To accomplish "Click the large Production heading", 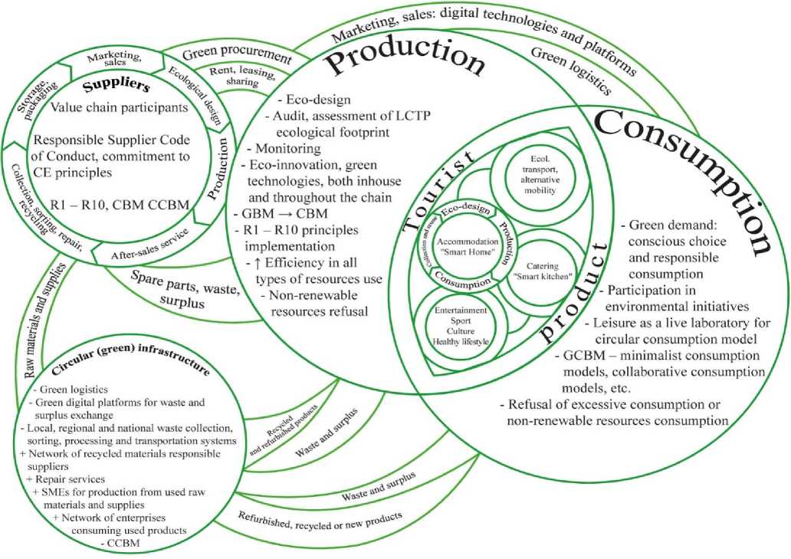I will (x=406, y=61).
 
